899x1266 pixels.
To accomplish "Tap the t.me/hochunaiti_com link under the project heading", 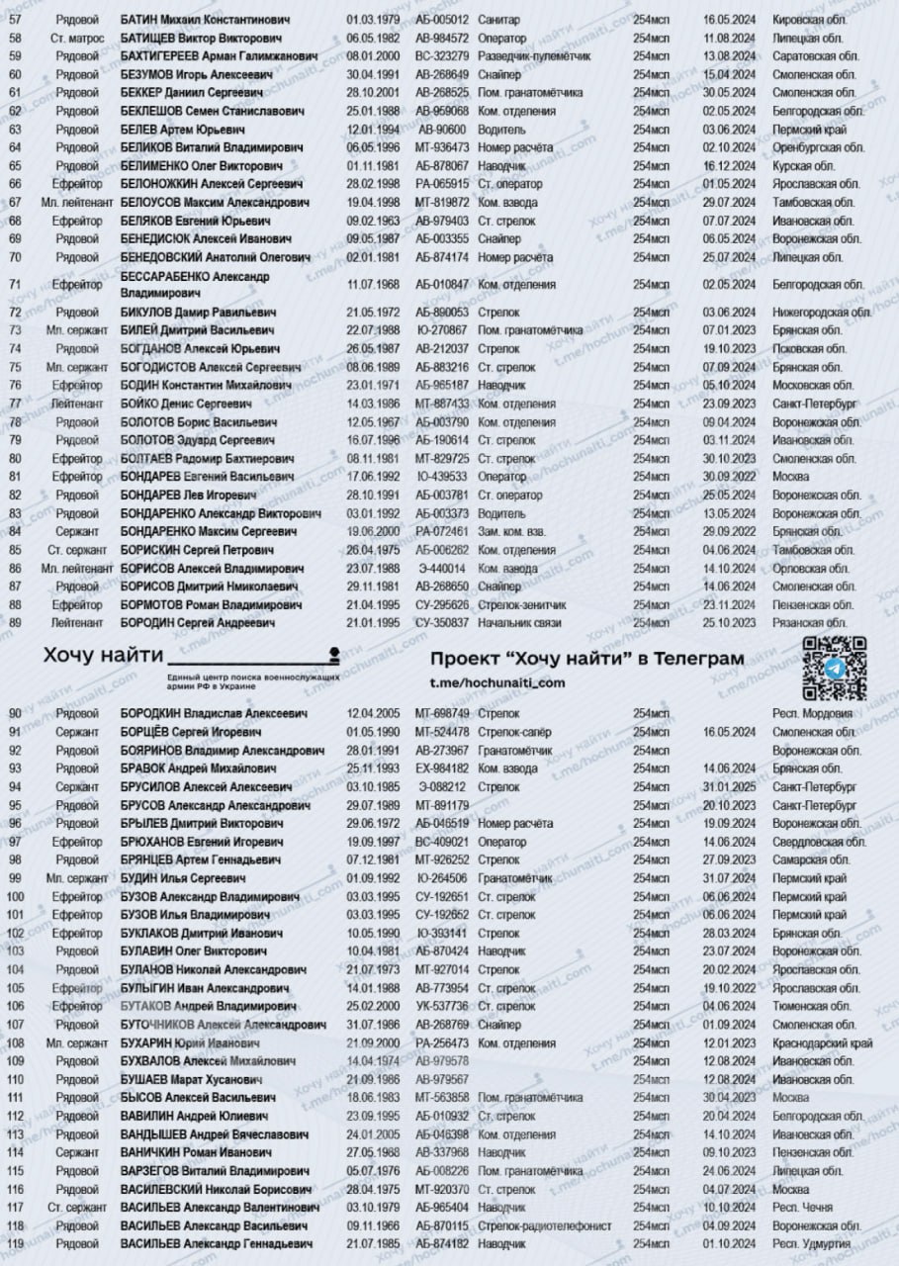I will point(497,683).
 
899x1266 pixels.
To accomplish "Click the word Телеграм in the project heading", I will point(697,659).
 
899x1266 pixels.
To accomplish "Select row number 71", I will point(15,284).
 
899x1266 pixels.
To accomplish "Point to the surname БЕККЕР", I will point(146,92).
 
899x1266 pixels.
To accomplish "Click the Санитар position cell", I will point(499,19).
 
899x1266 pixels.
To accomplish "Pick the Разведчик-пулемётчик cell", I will point(533,55).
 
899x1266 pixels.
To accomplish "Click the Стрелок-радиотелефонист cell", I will point(544,1225).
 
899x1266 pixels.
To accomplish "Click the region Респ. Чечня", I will point(802,1208).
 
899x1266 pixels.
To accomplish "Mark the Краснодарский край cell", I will point(822,1043).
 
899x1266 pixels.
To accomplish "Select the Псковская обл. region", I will point(809,348).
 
